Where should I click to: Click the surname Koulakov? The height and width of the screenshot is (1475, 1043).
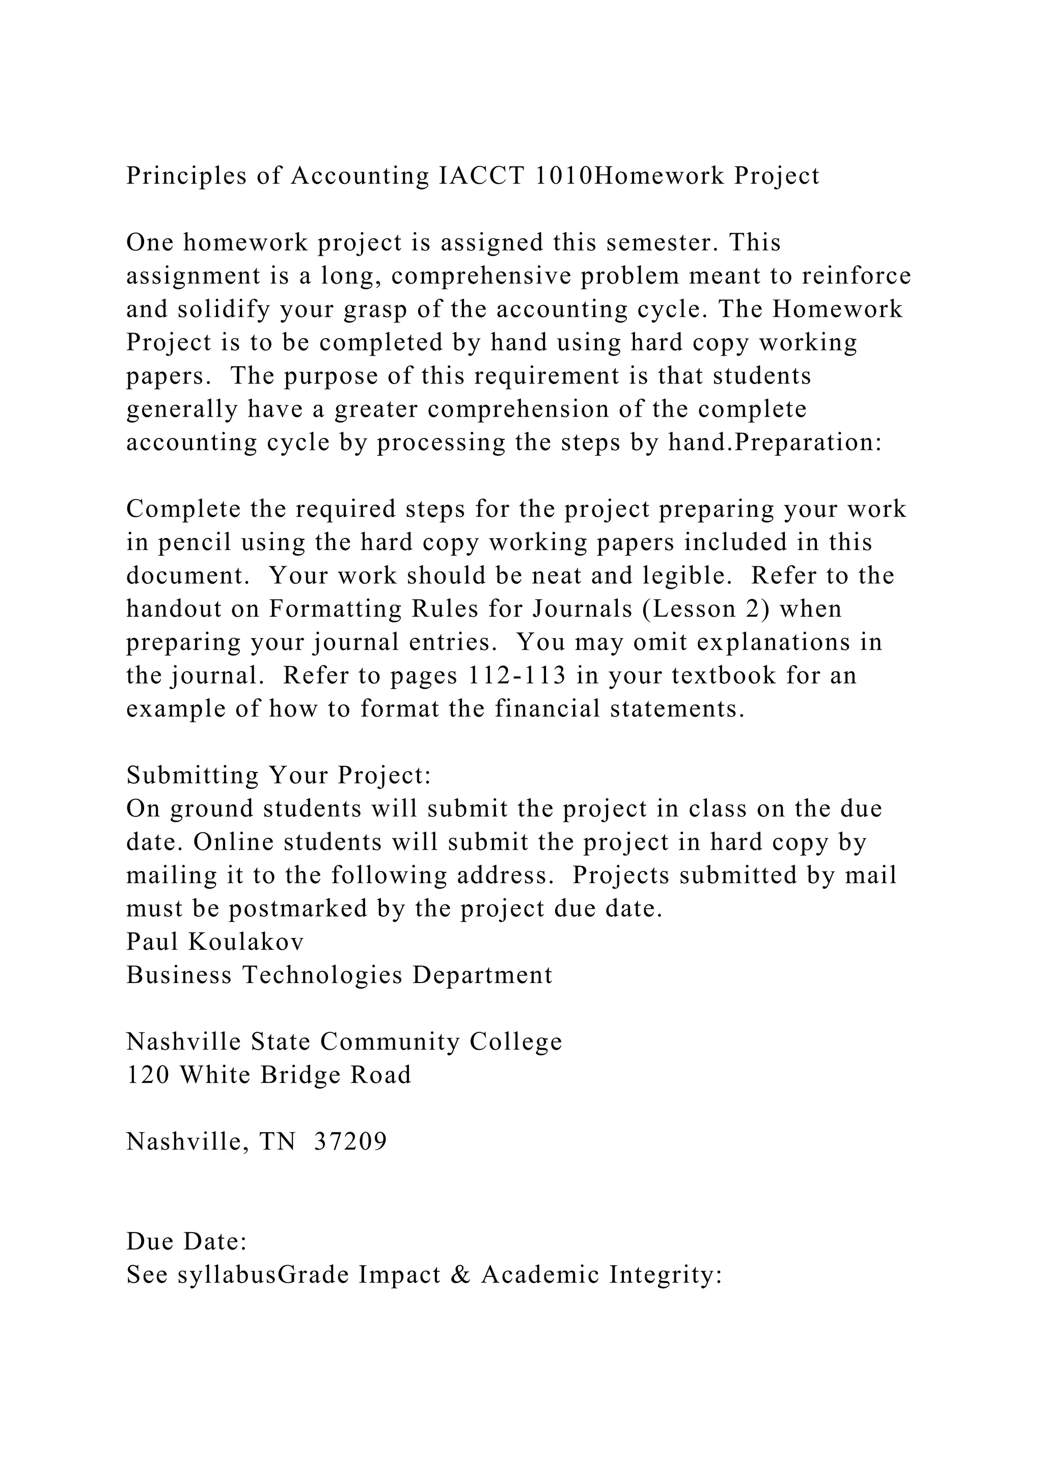[246, 942]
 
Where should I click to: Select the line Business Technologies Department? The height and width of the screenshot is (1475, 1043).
[339, 975]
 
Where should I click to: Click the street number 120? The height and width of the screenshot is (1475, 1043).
[148, 1075]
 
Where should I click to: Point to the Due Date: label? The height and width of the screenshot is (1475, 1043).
[187, 1241]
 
